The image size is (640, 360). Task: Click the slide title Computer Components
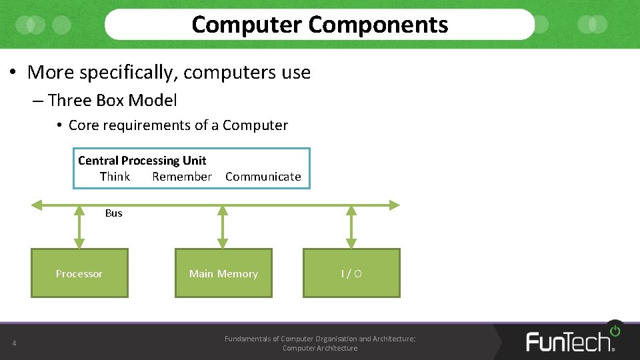point(319,25)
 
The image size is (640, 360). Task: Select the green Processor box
point(80,273)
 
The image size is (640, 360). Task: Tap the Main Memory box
point(223,273)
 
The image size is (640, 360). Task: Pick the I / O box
point(351,273)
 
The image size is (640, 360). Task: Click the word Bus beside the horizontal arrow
point(114,213)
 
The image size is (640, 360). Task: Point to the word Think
point(115,177)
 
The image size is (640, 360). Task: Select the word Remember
point(182,177)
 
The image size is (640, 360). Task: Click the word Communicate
point(263,177)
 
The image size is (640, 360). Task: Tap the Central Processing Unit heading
point(142,161)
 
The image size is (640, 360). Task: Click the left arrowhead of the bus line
point(37,205)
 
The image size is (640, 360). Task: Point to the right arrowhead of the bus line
point(395,205)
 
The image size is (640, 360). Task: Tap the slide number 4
point(13,344)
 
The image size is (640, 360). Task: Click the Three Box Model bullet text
point(113,101)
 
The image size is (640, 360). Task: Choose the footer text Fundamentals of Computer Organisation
point(319,339)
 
